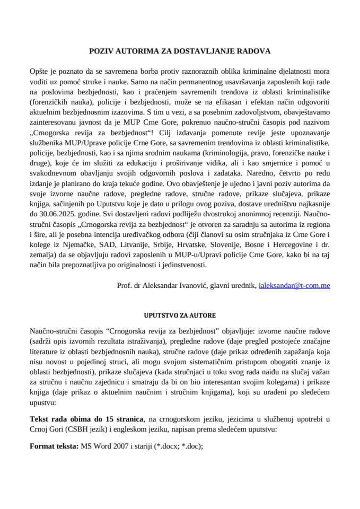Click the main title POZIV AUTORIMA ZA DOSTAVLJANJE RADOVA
pos(179,51)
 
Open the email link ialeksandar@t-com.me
pos(294,285)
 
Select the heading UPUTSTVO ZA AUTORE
pos(179,315)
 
